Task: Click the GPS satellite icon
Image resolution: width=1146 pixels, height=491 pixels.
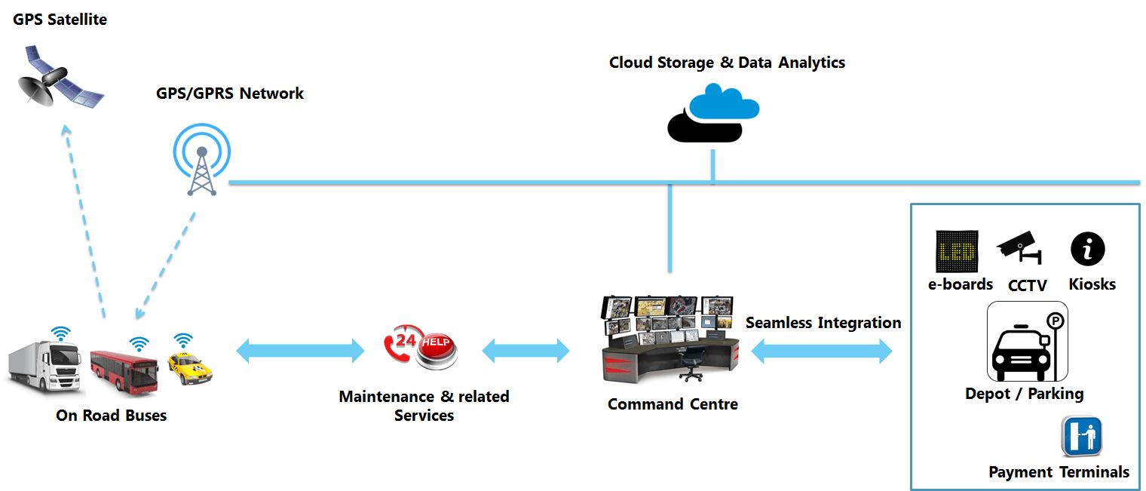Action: pos(59,78)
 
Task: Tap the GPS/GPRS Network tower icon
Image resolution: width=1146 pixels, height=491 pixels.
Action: pos(201,161)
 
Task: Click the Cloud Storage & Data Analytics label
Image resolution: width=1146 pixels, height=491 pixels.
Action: pos(727,63)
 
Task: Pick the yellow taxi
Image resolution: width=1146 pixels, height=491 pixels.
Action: pos(190,370)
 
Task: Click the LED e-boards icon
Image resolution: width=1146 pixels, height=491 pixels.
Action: pos(957,252)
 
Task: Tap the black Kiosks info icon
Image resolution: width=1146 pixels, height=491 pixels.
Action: pos(1087,249)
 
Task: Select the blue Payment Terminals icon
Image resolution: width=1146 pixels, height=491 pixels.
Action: pos(1083,436)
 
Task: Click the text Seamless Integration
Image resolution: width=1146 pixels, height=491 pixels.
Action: pos(823,323)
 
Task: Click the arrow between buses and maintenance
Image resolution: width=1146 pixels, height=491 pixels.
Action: pos(300,350)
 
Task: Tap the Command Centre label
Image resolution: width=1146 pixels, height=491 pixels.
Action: pos(673,404)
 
